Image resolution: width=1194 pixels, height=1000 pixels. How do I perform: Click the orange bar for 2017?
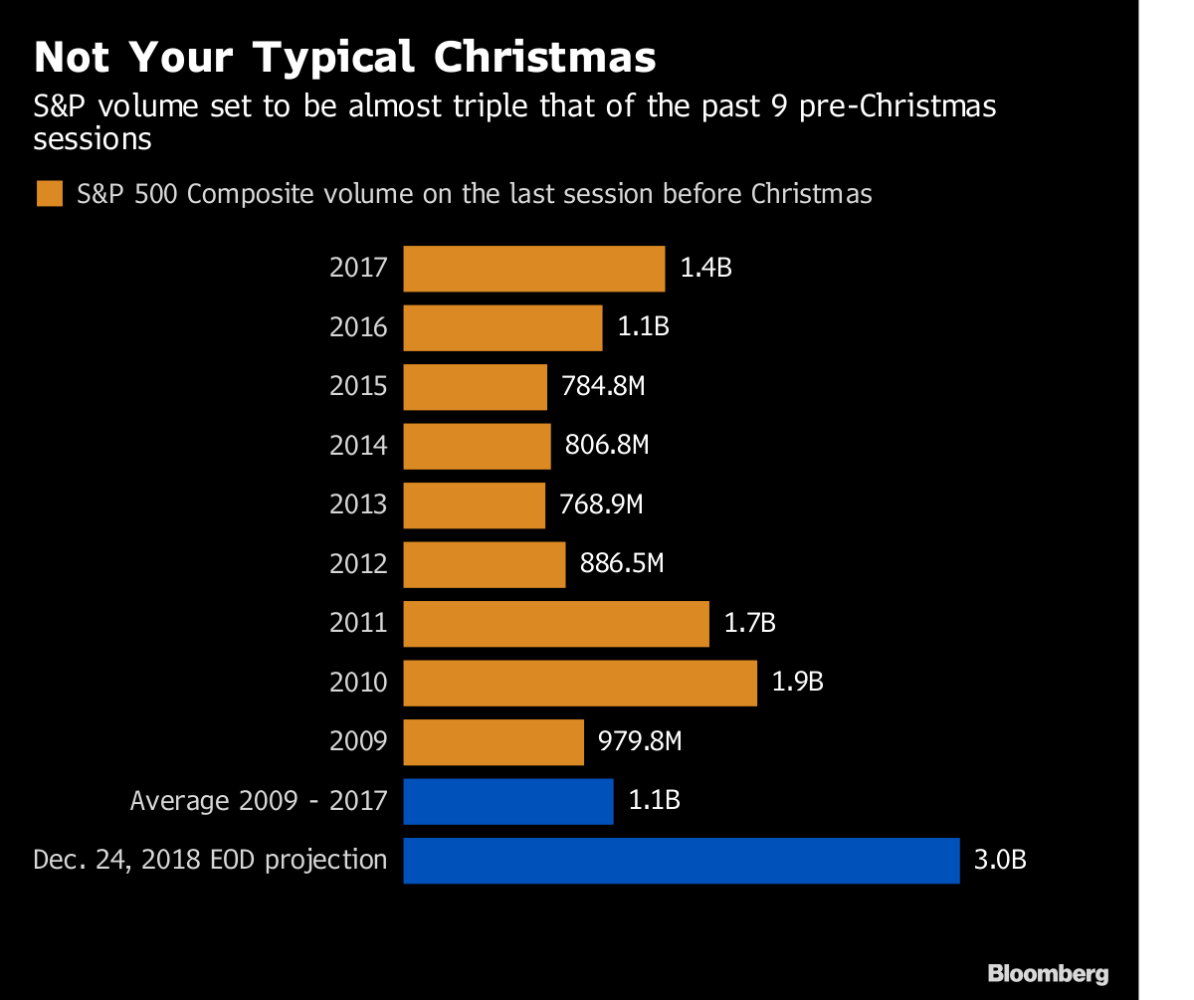coord(533,269)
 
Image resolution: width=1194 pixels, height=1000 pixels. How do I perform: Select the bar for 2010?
coord(580,683)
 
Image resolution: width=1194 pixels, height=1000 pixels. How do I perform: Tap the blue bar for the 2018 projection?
coord(681,861)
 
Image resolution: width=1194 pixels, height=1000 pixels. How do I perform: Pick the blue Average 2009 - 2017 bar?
coord(507,801)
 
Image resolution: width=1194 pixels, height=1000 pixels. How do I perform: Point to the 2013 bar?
coord(474,504)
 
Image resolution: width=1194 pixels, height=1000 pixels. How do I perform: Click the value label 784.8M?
coord(603,387)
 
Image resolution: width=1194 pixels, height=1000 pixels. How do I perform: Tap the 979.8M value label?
coord(640,742)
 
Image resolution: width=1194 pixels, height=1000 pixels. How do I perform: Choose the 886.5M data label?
coord(622,564)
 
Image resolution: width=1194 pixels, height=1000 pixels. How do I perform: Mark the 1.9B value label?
coord(798,683)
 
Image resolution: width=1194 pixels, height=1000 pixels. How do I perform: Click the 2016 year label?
coord(358,327)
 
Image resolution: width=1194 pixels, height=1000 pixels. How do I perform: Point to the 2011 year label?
coord(358,624)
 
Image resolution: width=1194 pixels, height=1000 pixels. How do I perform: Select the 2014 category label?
coord(358,446)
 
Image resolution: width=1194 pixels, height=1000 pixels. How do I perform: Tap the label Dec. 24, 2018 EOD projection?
coord(210,860)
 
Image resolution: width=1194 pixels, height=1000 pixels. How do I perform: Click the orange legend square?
coord(49,193)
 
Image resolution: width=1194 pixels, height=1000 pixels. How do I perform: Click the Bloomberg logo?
coord(1047,973)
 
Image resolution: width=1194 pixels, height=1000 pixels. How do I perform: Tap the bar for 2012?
coord(484,564)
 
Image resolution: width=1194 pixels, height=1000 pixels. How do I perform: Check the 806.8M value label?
coord(607,446)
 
